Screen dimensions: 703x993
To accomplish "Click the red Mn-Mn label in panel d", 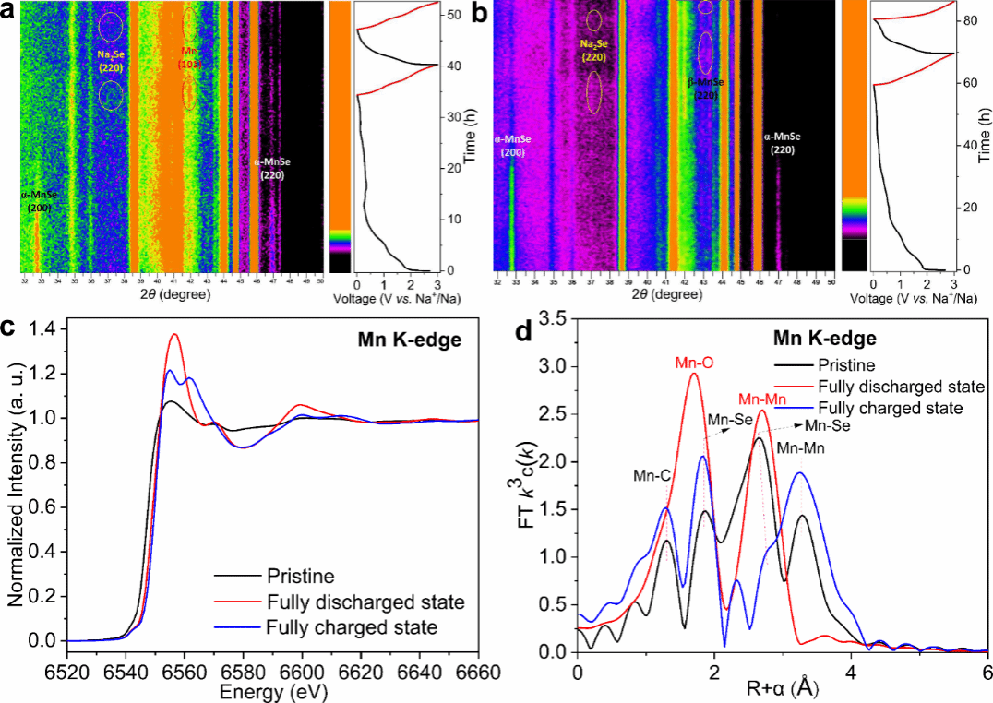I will click(x=762, y=399).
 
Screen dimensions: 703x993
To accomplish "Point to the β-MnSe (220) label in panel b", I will click(x=706, y=89).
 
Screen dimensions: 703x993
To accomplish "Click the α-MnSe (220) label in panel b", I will click(x=780, y=143).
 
